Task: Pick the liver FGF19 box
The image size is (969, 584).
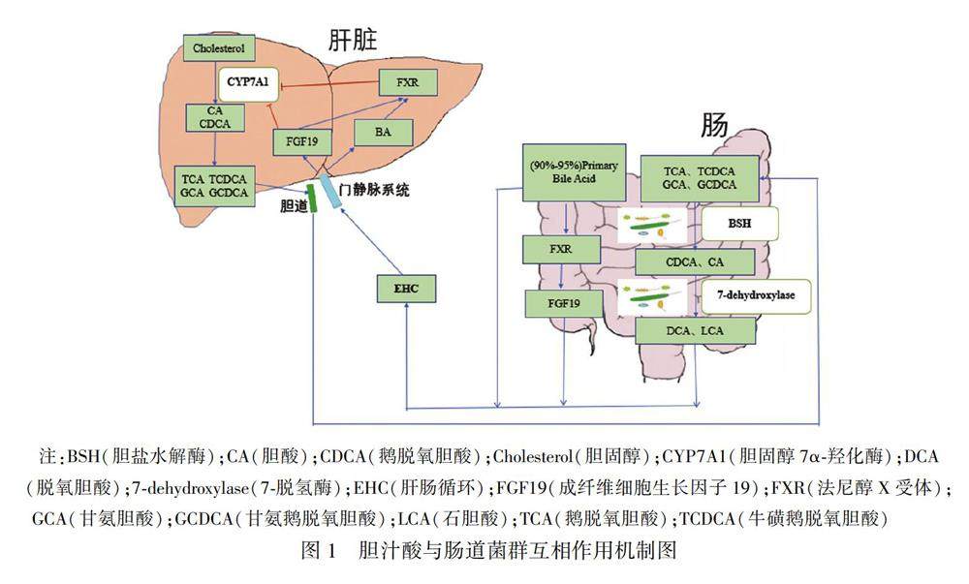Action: pos(302,142)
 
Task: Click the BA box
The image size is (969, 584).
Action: pos(383,134)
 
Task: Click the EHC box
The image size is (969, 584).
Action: pos(406,288)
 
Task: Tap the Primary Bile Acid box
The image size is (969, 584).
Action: pos(574,172)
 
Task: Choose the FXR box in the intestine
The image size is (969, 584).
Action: pos(561,249)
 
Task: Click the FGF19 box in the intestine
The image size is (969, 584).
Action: pos(562,304)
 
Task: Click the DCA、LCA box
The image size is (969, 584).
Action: pos(696,331)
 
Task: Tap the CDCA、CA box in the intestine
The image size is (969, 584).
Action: pos(695,261)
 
